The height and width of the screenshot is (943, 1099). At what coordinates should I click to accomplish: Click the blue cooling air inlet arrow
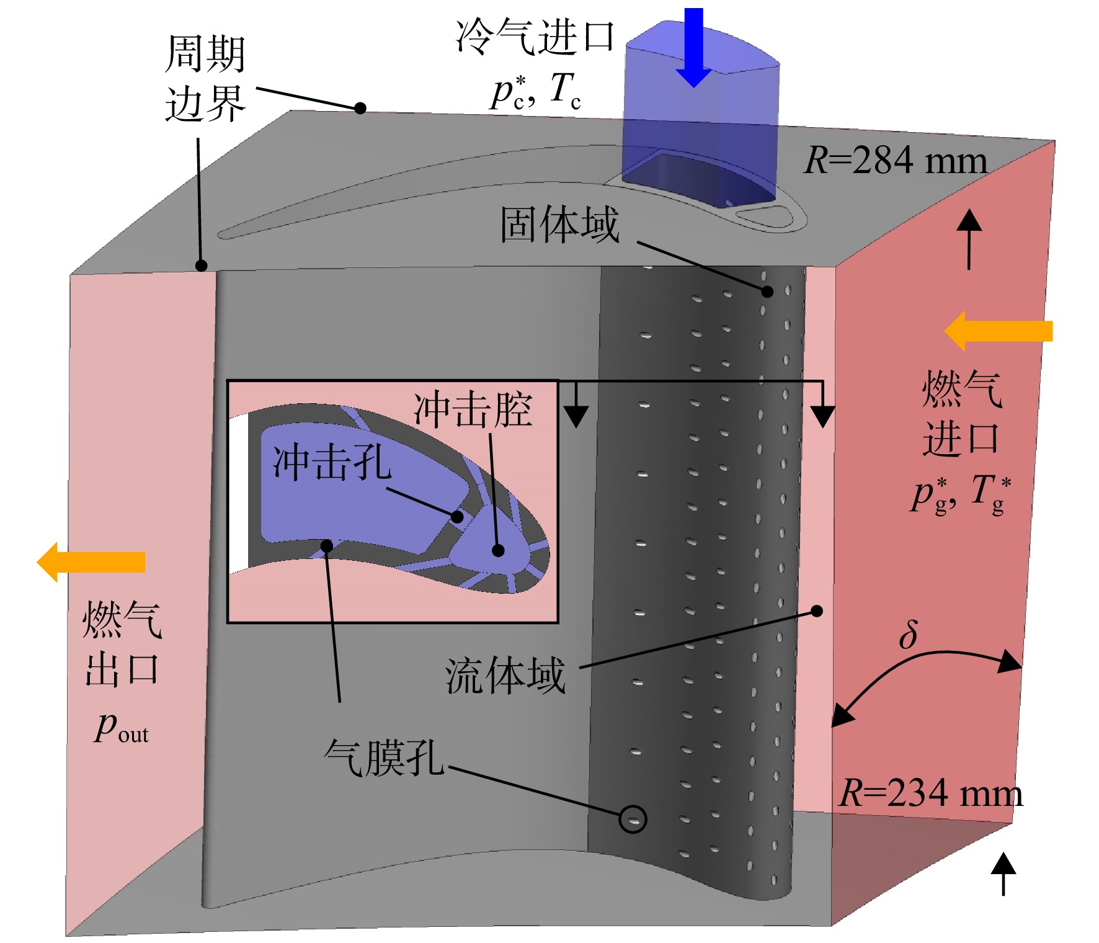click(693, 47)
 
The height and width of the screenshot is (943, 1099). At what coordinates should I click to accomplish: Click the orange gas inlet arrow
click(998, 331)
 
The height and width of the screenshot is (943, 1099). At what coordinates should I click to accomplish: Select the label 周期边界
click(205, 78)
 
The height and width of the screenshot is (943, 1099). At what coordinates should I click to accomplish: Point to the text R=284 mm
click(896, 160)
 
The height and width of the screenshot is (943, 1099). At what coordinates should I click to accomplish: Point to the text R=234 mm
click(930, 793)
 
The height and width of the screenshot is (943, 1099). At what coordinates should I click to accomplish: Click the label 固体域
click(559, 225)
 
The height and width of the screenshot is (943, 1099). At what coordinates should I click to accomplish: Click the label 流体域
click(505, 676)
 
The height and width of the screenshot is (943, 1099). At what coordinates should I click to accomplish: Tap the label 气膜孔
click(384, 758)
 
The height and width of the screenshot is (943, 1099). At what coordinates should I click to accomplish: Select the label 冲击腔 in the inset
click(473, 410)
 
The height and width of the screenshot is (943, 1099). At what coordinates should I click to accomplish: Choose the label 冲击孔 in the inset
click(332, 462)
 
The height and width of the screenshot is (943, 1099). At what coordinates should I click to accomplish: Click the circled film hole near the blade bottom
click(633, 820)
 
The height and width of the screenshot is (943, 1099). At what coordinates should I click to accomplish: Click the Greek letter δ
click(909, 634)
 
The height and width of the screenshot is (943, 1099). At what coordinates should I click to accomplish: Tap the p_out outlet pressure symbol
click(122, 727)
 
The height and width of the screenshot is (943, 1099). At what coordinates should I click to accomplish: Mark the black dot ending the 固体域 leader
click(767, 292)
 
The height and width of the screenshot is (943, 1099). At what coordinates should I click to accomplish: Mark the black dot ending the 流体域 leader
click(817, 611)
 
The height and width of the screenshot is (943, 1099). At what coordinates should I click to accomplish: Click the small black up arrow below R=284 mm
click(969, 239)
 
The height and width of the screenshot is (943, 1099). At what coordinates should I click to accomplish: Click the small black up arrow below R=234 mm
click(1003, 874)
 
